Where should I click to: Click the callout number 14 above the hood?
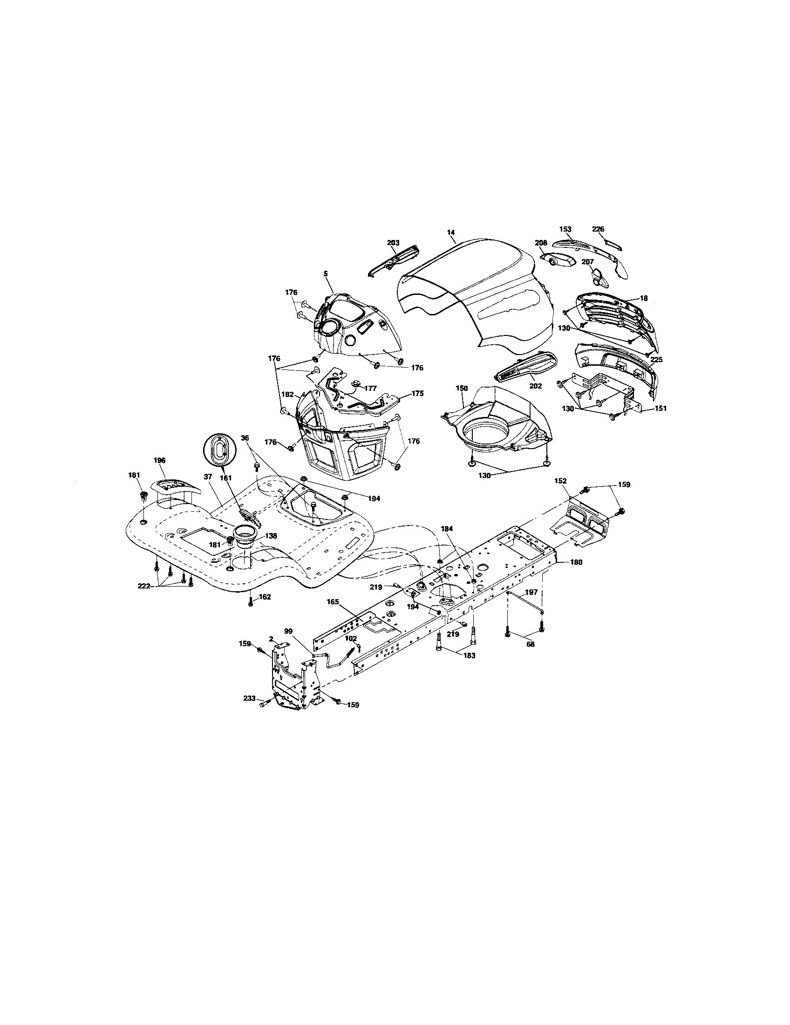[x=451, y=232]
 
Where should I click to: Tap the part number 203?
[x=393, y=243]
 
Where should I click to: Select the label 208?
[x=541, y=243]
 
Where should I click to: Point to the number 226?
[x=598, y=229]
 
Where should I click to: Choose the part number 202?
[x=535, y=386]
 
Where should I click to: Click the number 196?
[x=159, y=460]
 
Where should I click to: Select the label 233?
[x=250, y=711]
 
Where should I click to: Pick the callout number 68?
[x=530, y=644]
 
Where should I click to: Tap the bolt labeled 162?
[x=250, y=601]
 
